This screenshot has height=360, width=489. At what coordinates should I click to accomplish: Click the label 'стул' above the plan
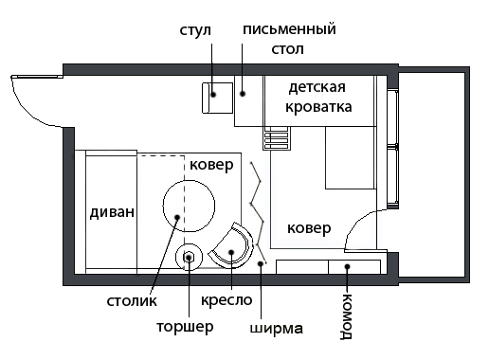pyautogui.click(x=195, y=31)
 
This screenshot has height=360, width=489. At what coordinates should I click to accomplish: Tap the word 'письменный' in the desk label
pyautogui.click(x=289, y=29)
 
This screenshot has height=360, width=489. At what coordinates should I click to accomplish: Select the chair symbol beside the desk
pyautogui.click(x=217, y=98)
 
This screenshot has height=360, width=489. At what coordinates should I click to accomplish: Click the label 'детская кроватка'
pyautogui.click(x=318, y=97)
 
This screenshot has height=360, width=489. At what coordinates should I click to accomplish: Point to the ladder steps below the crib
pyautogui.click(x=277, y=138)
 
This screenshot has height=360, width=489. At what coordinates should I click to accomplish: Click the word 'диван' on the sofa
pyautogui.click(x=112, y=212)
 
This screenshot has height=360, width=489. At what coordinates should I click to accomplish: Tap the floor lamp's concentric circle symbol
pyautogui.click(x=189, y=258)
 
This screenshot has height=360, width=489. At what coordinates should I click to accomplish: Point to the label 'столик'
pyautogui.click(x=132, y=301)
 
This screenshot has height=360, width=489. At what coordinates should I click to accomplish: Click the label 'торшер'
pyautogui.click(x=185, y=327)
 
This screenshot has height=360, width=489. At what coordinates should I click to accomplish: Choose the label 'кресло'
pyautogui.click(x=226, y=300)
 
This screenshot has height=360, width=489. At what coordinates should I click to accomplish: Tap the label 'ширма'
pyautogui.click(x=277, y=329)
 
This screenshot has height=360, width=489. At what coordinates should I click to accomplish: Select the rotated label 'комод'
pyautogui.click(x=347, y=316)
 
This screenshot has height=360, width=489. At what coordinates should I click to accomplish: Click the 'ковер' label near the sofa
pyautogui.click(x=211, y=165)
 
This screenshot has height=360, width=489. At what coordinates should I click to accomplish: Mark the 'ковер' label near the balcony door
pyautogui.click(x=309, y=228)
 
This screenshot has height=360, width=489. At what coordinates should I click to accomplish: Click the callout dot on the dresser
pyautogui.click(x=347, y=267)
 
